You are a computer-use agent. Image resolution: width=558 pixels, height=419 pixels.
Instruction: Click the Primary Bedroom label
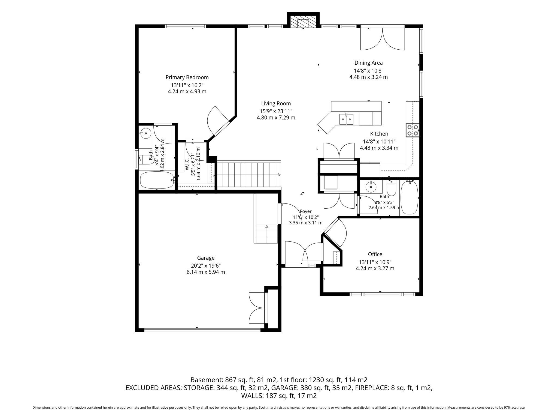coord(187,77)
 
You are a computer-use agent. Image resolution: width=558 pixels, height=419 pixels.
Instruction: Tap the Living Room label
coord(276,104)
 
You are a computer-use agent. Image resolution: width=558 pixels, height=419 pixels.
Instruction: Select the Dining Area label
coord(368,63)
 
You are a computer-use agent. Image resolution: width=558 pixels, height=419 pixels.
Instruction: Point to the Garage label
coord(206,258)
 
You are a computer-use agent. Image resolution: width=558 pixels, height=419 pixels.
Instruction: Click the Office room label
coord(375,254)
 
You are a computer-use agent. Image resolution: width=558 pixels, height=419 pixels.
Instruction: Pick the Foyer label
coord(305,211)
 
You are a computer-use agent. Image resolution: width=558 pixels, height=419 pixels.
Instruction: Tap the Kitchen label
coord(379,134)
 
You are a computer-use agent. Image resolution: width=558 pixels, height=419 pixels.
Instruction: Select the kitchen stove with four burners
coord(413,130)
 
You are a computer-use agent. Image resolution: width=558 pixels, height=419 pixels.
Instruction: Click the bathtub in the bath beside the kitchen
coord(410,197)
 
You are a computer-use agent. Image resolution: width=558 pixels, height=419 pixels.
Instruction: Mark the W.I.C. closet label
coord(187,164)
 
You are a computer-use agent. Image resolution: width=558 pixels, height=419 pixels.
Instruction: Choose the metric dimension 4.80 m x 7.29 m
coord(276,118)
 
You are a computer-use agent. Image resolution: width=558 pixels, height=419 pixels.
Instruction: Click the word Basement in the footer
coord(206,380)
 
